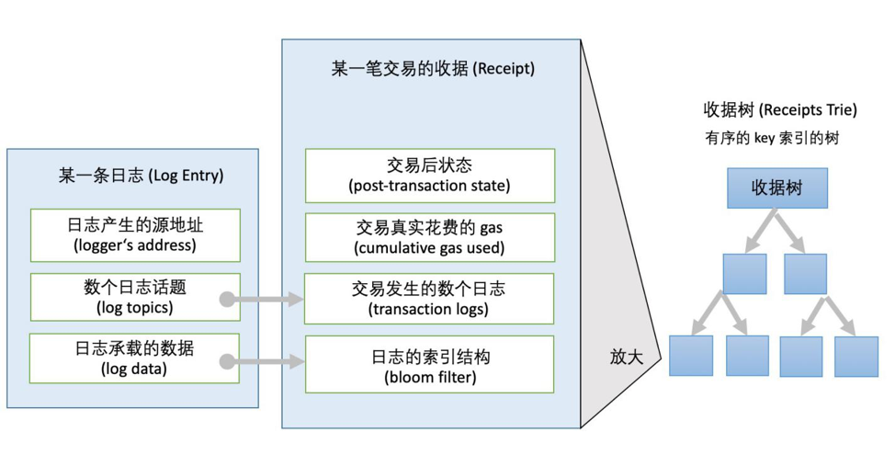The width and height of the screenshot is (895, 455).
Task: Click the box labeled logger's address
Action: tap(135, 235)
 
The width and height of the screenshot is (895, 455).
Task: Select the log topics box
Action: tap(135, 298)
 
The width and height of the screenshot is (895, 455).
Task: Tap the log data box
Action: tap(135, 359)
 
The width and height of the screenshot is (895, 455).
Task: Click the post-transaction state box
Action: tap(430, 176)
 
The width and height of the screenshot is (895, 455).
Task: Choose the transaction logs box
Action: tap(430, 299)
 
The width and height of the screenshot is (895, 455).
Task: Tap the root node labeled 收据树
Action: tap(777, 188)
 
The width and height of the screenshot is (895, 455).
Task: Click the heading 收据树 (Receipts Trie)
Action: tap(780, 110)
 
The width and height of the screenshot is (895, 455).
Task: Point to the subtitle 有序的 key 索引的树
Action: tap(772, 139)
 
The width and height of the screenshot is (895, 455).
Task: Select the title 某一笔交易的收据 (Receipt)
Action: tap(432, 69)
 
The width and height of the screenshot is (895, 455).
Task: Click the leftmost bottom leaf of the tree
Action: tap(691, 357)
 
